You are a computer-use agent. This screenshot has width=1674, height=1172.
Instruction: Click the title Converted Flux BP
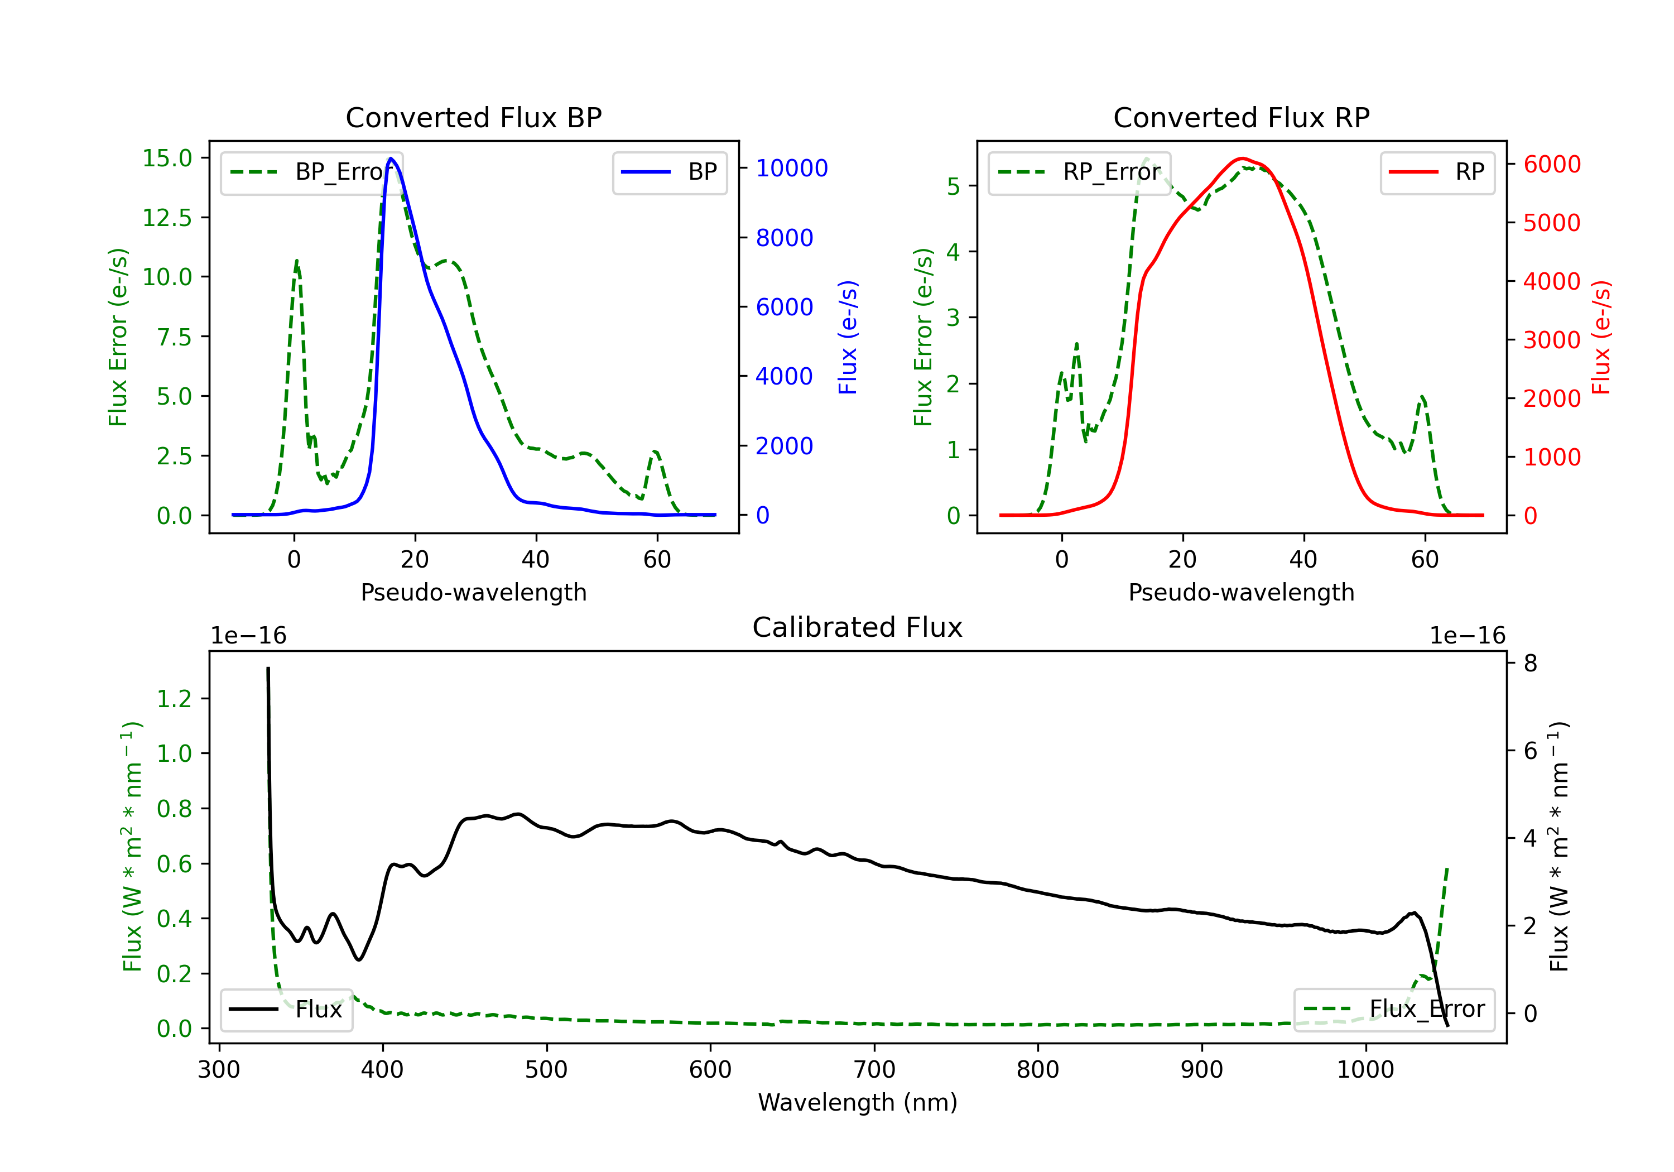pyautogui.click(x=474, y=117)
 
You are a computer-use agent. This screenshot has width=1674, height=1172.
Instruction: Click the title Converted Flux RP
pyautogui.click(x=1242, y=117)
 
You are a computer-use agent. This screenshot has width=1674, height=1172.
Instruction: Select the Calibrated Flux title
pyautogui.click(x=858, y=627)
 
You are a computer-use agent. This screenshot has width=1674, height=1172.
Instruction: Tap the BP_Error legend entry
pyautogui.click(x=311, y=172)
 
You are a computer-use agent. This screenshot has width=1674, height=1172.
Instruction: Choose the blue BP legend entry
pyautogui.click(x=669, y=172)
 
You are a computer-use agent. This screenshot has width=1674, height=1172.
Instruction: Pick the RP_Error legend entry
pyautogui.click(x=1079, y=172)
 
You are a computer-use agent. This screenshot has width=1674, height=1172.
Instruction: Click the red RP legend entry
pyautogui.click(x=1437, y=172)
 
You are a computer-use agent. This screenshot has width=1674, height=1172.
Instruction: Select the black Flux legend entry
pyautogui.click(x=286, y=1010)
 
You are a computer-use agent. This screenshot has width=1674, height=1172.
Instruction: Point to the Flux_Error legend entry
pyautogui.click(x=1394, y=1010)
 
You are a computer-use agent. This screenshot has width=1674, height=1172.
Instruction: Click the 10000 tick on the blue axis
pyautogui.click(x=792, y=169)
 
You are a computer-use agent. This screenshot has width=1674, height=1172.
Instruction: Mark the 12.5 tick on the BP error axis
pyautogui.click(x=167, y=217)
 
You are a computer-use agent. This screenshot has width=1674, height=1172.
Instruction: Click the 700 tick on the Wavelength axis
pyautogui.click(x=874, y=1070)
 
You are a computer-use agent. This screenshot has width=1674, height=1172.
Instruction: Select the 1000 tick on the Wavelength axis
pyautogui.click(x=1365, y=1070)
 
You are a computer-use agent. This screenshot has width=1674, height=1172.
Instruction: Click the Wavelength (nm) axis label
pyautogui.click(x=858, y=1103)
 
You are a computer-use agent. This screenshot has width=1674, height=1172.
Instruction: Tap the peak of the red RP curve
pyautogui.click(x=1242, y=158)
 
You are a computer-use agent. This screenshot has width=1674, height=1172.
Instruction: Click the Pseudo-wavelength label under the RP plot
pyautogui.click(x=1242, y=592)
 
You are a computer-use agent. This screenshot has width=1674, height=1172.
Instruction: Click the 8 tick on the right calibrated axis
pyautogui.click(x=1531, y=663)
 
